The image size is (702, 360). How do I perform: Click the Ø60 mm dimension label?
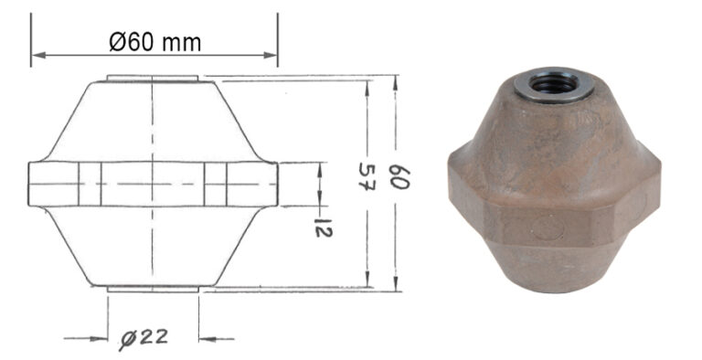tap(154, 41)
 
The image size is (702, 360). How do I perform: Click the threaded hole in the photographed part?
tap(556, 83)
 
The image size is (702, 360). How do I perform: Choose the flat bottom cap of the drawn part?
tap(153, 289)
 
